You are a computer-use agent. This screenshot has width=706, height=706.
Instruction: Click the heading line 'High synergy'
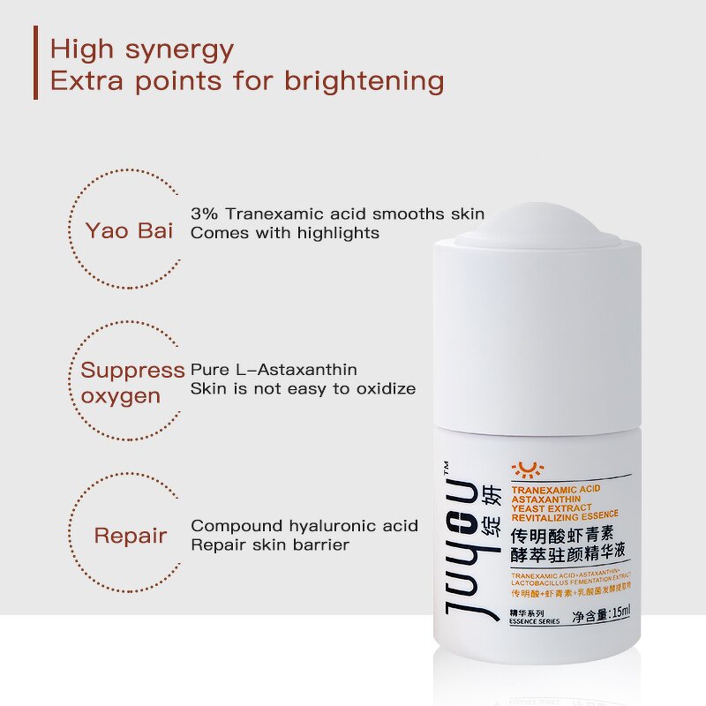142,49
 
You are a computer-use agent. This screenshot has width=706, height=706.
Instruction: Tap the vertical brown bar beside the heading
36,63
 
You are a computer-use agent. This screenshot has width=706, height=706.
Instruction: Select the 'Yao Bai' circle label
129,231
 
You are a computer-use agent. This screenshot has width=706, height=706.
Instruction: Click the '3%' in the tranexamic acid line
205,214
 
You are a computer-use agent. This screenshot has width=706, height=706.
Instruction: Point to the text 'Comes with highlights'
285,233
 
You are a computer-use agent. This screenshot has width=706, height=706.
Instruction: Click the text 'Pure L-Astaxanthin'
274,370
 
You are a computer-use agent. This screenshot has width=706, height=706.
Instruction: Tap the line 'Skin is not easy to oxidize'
303,388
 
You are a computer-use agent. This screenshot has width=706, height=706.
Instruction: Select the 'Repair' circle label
131,536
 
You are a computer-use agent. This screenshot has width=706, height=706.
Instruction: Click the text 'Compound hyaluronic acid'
304,526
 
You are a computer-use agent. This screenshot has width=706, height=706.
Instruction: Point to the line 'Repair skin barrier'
270,545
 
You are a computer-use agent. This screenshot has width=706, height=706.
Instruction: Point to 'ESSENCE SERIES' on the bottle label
535,621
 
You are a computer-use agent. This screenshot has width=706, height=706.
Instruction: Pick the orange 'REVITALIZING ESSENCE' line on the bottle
565,514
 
